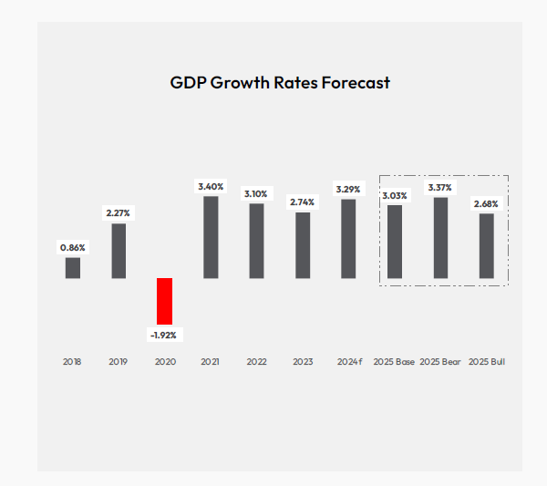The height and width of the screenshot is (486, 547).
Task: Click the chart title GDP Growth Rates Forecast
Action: point(280,83)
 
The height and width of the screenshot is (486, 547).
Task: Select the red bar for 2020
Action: point(164,301)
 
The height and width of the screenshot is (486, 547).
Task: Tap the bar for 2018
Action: point(72,267)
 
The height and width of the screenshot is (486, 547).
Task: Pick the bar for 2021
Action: point(211,237)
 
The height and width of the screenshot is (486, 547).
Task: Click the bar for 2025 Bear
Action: point(440,238)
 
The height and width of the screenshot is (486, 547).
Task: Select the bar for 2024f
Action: point(348,239)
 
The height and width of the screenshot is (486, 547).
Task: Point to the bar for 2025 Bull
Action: point(486,246)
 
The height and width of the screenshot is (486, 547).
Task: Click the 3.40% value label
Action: point(211,186)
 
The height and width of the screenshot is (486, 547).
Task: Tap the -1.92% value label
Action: point(164,335)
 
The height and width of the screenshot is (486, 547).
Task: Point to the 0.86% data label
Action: point(72,247)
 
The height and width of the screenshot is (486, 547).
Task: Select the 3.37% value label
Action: point(440,187)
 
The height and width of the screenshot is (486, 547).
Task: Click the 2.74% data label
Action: point(303,202)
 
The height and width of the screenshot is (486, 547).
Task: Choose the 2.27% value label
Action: point(119,212)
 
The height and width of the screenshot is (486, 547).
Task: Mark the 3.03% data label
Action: point(395,195)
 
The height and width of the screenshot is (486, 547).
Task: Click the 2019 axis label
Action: point(119,362)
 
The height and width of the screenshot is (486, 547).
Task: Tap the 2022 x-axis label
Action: point(256,362)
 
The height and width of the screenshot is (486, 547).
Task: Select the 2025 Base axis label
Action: point(394,362)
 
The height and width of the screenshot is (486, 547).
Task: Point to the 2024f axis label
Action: point(348,362)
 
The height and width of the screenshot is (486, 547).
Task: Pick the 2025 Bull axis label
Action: point(486,362)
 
